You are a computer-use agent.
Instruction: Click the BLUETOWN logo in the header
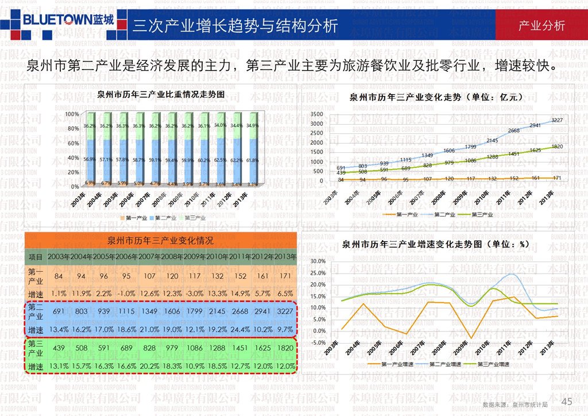pos(68,20)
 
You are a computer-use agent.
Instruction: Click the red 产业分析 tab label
pos(541,25)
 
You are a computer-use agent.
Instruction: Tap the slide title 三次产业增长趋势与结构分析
pos(235,26)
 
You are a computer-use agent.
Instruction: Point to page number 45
pos(567,401)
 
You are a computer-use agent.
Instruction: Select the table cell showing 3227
pos(285,311)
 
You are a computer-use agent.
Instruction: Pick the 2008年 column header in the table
pos(172,257)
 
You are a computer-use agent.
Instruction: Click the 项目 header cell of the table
pos(36,257)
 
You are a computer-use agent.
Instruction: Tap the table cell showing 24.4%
pos(240,330)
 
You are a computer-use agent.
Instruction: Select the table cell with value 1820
pos(285,348)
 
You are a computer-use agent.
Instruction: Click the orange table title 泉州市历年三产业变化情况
pos(160,240)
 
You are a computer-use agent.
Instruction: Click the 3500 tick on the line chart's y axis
pos(317,114)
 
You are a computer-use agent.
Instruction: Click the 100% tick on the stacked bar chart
pos(72,114)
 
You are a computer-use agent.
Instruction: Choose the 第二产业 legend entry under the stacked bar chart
pos(164,218)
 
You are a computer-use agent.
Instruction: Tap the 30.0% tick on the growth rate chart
pos(318,261)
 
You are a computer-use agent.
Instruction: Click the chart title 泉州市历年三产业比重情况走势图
pos(160,94)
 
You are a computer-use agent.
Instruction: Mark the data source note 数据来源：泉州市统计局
pos(515,405)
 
